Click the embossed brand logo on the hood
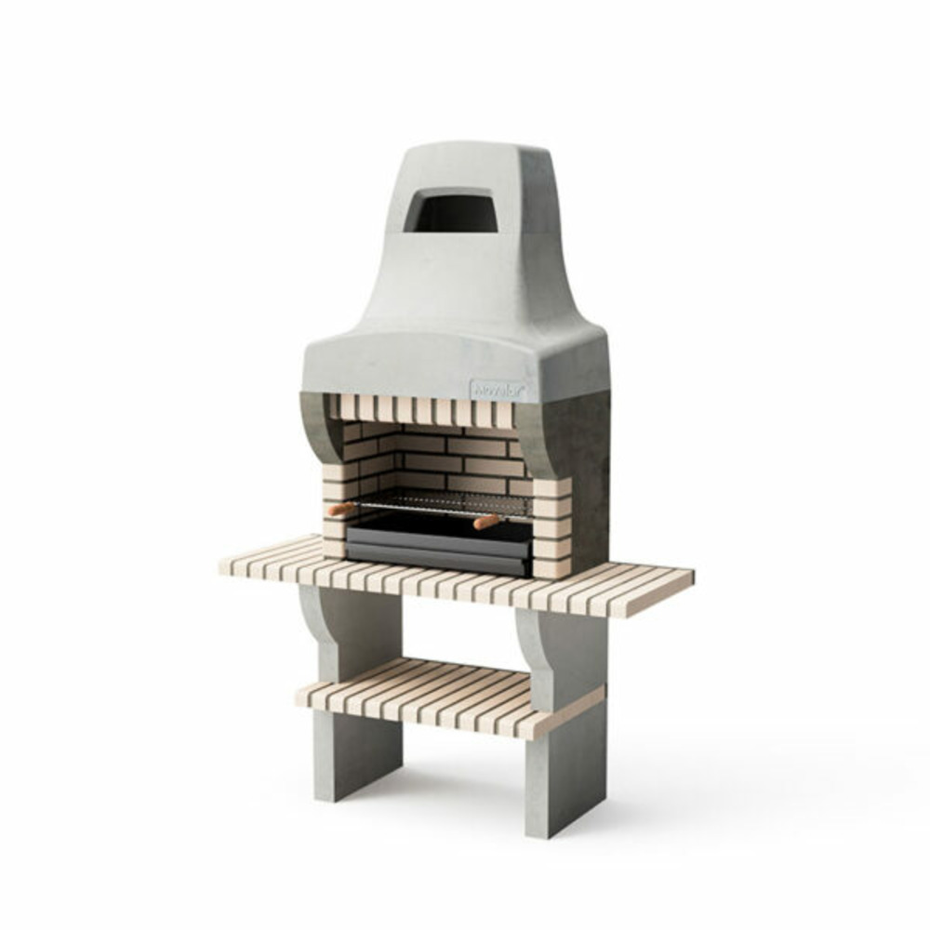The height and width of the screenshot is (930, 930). tap(498, 389)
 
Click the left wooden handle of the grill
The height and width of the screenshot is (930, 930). tap(341, 509)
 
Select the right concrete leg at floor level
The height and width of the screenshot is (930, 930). tap(552, 790)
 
